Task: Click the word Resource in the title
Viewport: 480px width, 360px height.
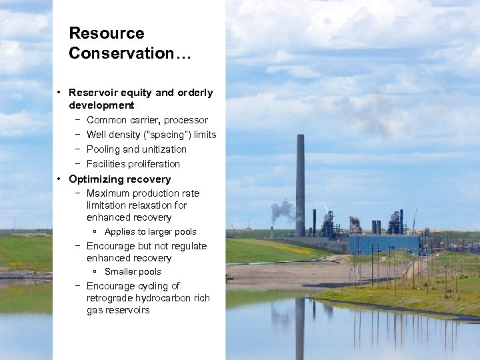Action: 107,33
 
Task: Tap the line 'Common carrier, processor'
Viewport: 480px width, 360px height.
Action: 147,120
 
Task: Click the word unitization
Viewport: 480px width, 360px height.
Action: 164,149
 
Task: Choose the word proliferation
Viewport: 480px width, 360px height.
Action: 153,164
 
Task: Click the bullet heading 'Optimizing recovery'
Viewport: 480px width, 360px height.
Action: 119,179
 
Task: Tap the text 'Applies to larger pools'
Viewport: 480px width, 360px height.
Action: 150,232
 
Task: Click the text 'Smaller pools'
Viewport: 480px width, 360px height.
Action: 133,272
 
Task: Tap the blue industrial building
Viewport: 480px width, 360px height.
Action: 384,244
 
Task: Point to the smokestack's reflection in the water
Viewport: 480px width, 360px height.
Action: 300,327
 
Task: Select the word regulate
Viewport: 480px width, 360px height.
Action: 186,246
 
